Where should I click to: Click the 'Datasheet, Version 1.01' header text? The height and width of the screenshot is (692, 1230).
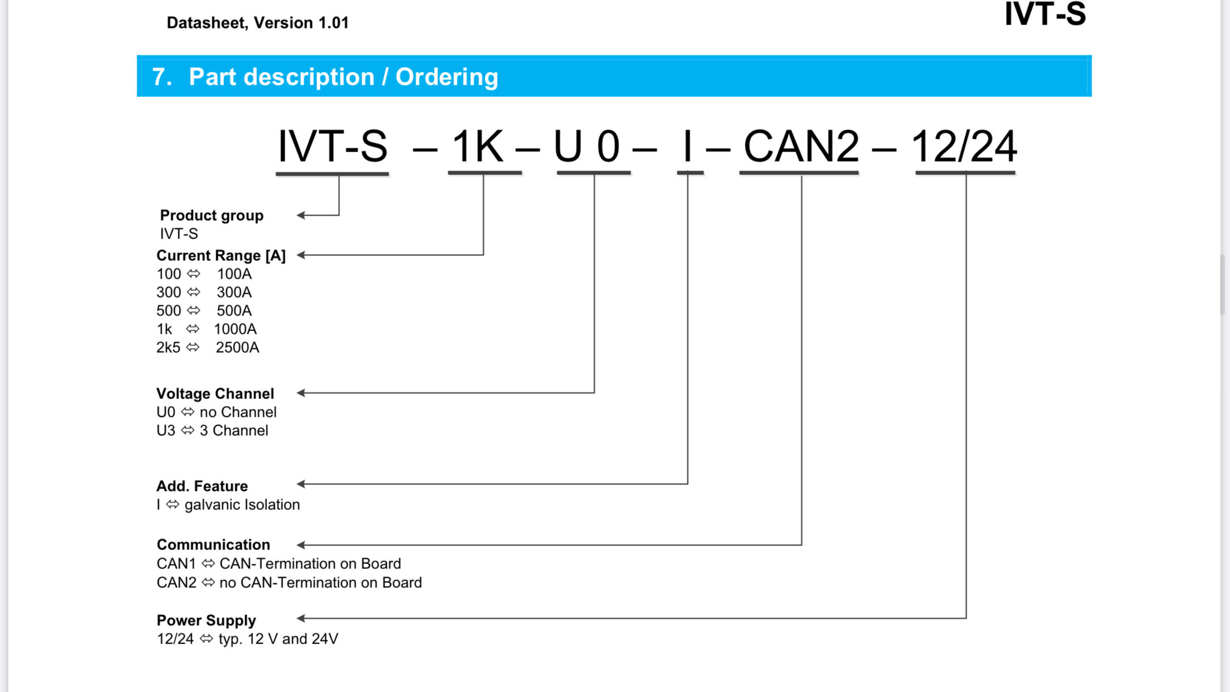click(x=257, y=23)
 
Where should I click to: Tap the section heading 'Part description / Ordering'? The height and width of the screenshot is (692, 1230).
click(x=343, y=77)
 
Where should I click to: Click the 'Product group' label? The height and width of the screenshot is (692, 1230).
click(x=212, y=216)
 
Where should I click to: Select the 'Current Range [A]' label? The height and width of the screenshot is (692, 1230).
click(x=221, y=256)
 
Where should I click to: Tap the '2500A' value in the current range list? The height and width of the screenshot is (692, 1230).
click(x=237, y=348)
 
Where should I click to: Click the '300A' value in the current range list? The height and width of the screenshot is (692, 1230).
click(x=234, y=293)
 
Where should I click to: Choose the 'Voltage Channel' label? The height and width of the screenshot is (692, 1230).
click(x=215, y=394)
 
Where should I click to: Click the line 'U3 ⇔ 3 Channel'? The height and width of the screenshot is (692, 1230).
click(x=212, y=431)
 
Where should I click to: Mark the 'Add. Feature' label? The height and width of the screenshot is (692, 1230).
click(x=202, y=486)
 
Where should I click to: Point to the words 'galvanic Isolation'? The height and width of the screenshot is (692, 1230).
click(x=242, y=505)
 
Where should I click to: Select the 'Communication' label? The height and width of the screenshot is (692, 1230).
click(x=213, y=545)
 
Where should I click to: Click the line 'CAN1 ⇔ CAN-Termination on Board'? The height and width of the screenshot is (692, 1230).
click(x=279, y=564)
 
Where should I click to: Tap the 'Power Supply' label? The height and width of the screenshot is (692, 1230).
click(x=206, y=621)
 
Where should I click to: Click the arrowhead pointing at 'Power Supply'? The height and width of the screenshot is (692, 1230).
click(x=301, y=618)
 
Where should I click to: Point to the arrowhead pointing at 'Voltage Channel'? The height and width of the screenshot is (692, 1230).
click(x=301, y=393)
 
